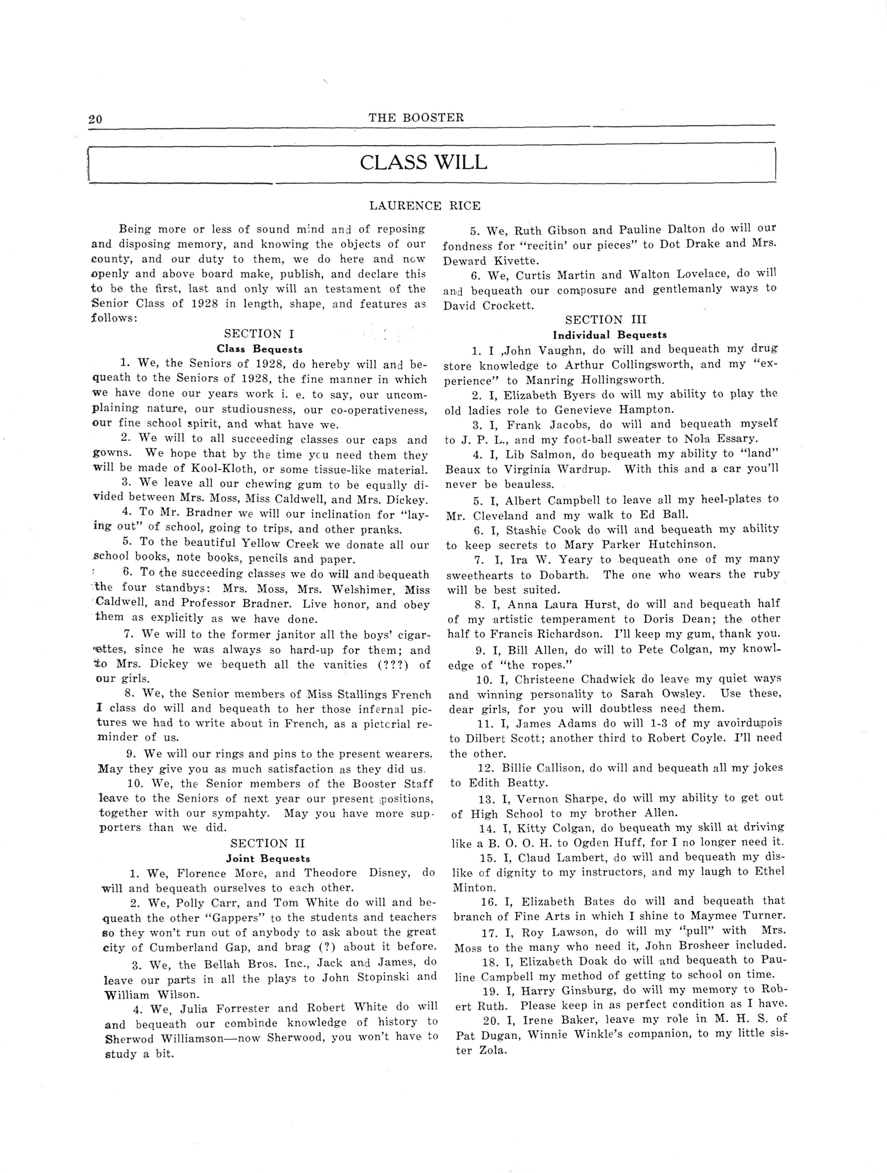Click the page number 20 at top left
[x=95, y=119]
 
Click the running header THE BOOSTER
[x=416, y=118]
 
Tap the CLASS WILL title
[x=423, y=162]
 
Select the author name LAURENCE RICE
[x=425, y=206]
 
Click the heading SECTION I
[x=259, y=334]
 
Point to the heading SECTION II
[x=268, y=843]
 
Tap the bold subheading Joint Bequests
[x=268, y=859]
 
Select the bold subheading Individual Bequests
[x=610, y=335]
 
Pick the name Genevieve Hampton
[x=614, y=410]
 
